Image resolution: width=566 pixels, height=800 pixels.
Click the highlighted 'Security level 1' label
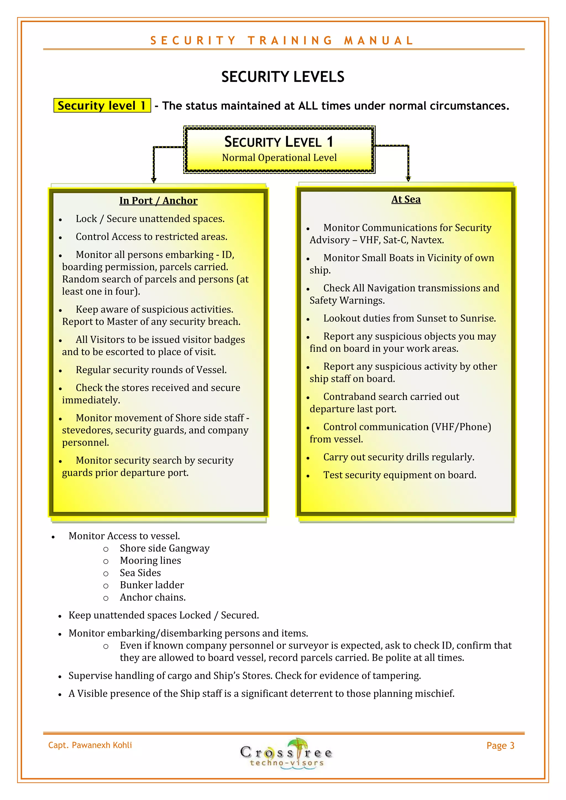[102, 105]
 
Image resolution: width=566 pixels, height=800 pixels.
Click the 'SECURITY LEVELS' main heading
[283, 77]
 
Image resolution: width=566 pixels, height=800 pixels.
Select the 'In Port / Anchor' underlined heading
[158, 201]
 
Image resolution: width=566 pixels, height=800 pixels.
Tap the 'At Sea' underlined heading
[406, 199]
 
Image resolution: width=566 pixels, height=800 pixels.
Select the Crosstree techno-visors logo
[286, 753]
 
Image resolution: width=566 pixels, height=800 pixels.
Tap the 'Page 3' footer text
[501, 746]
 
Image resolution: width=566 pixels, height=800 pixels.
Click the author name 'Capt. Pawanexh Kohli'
[90, 745]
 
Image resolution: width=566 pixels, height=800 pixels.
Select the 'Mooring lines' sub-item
[150, 561]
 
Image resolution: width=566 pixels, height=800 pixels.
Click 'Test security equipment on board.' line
[400, 475]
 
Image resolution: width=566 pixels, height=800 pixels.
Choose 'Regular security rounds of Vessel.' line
[151, 370]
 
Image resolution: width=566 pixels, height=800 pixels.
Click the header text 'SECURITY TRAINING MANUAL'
[282, 40]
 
